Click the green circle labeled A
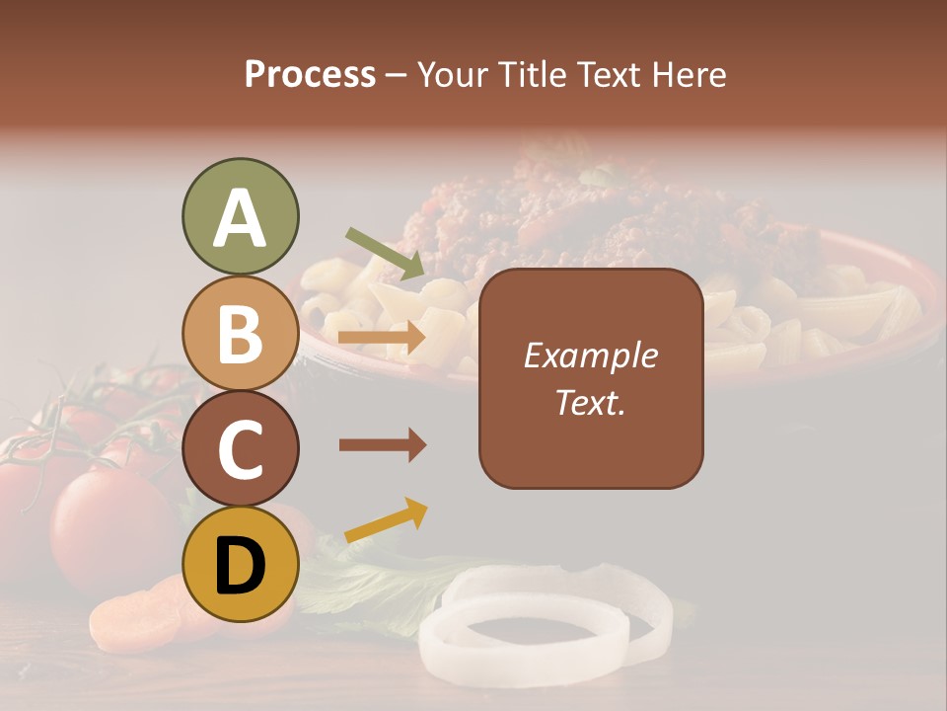[240, 217]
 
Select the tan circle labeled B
[240, 333]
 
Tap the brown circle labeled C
[240, 449]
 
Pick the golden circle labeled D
[240, 566]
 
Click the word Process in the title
[310, 75]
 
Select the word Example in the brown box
[591, 355]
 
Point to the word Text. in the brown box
[591, 402]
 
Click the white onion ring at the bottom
[545, 618]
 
